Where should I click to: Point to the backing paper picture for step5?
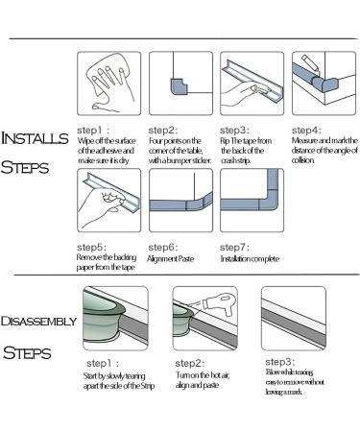click(108, 203)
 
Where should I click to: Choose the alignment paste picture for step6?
click(180, 203)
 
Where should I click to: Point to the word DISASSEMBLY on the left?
click(38, 321)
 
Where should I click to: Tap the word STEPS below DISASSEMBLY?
click(26, 352)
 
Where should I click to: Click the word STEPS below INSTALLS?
click(26, 166)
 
